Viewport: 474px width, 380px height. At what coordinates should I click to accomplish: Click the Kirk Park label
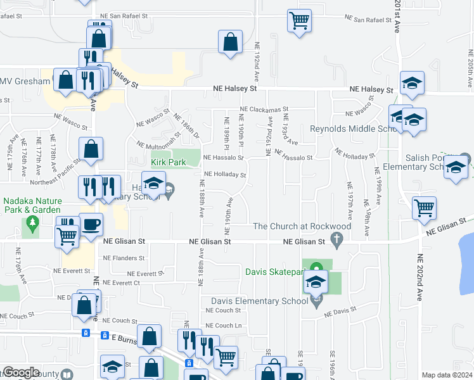[x=168, y=162]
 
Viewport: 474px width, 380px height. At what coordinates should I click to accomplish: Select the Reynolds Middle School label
[x=353, y=129]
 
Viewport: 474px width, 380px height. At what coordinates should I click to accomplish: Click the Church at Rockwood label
[x=302, y=226]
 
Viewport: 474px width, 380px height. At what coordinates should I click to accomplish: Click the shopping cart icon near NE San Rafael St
[x=299, y=20]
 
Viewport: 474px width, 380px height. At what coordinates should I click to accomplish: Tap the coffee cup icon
[x=91, y=225]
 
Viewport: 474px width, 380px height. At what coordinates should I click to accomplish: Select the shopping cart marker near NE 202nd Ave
[x=424, y=207]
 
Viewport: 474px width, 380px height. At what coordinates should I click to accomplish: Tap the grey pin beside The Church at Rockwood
[x=337, y=240]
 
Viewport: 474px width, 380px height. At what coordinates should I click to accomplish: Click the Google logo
[x=21, y=372]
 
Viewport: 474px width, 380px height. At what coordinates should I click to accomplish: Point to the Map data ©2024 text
[x=447, y=375]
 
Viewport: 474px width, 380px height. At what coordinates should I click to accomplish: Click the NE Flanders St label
[x=124, y=258]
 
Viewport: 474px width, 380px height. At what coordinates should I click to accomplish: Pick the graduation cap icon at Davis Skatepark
[x=317, y=282]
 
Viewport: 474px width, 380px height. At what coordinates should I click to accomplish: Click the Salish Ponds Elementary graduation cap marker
[x=455, y=168]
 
